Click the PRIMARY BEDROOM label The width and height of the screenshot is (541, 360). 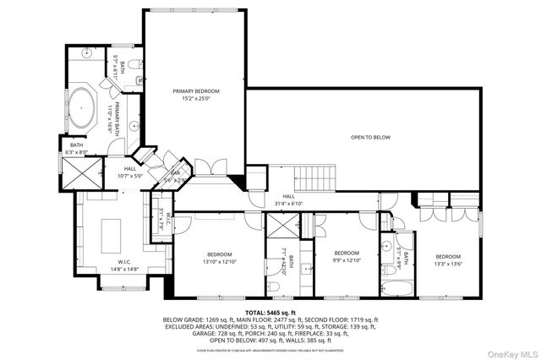pos(196,90)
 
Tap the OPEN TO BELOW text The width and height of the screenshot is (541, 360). pos(370,137)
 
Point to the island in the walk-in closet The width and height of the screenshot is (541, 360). pos(112,231)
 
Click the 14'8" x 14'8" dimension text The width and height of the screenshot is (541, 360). pos(112,270)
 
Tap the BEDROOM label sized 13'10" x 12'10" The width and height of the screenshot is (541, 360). pos(220,254)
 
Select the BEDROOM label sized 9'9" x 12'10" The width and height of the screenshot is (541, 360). pos(347,253)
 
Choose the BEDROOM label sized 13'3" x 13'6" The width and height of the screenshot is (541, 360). pos(448,256)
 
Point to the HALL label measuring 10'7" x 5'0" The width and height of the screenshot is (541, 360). pos(130,168)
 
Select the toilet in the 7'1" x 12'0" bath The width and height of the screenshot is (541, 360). pos(276,286)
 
